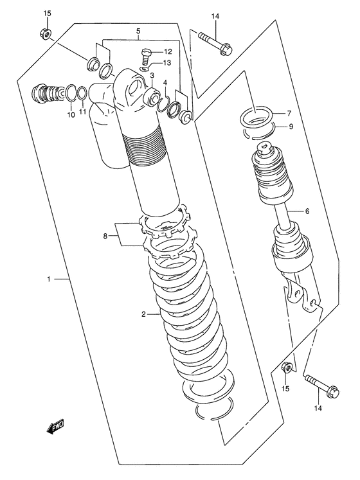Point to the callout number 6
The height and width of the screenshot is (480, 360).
click(307, 211)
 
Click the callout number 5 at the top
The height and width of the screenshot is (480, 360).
click(138, 31)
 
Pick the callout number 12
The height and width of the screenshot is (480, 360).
click(167, 51)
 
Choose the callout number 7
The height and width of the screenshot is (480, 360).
click(289, 113)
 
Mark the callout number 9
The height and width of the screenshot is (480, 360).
click(291, 127)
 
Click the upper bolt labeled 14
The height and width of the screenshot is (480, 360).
click(212, 41)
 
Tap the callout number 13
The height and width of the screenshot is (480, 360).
click(167, 63)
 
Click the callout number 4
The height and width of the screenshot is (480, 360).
click(165, 84)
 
